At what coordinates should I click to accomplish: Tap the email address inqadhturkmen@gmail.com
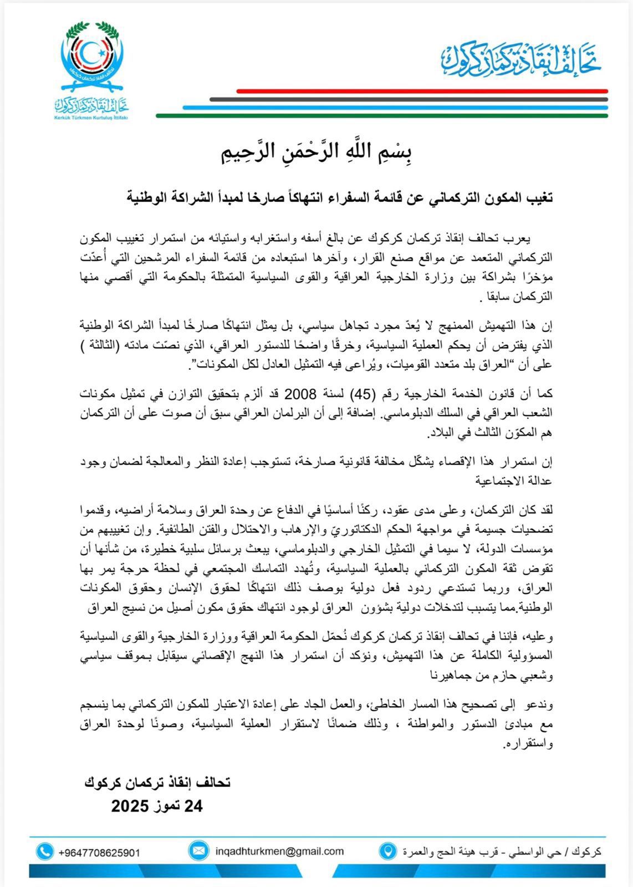point(279,851)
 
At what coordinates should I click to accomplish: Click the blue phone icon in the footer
point(45,852)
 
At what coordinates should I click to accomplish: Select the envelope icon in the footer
point(197,850)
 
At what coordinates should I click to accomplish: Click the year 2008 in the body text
point(300,394)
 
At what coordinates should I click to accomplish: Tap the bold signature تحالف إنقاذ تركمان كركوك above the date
point(157,782)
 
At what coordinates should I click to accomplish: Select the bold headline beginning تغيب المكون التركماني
point(340,197)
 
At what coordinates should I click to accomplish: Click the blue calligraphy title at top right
point(522,60)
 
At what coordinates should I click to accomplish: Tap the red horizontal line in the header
point(422,91)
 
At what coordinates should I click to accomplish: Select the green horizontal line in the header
point(382,116)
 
